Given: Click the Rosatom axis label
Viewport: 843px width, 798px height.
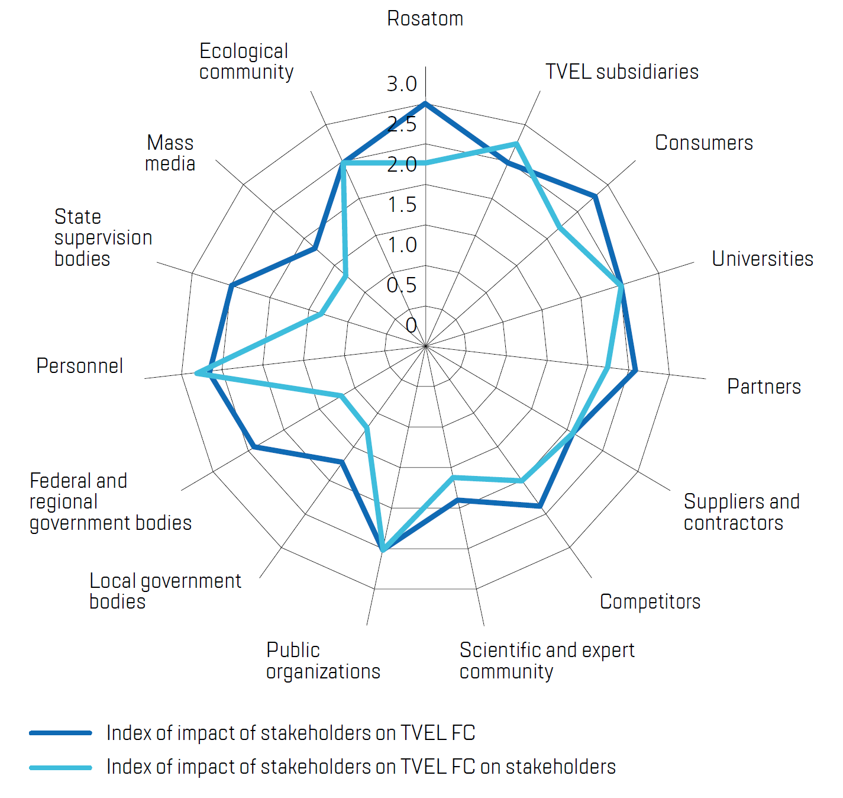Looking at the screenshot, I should coord(425,19).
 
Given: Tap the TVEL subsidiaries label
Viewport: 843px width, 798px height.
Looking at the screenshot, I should coord(622,72).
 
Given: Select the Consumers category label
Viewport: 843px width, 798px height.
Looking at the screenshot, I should coord(703,143).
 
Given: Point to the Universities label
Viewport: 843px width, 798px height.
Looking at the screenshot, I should coord(762,259).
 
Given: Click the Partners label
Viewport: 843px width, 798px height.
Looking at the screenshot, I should coord(764,387).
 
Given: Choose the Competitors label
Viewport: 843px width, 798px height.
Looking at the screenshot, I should coord(650,601).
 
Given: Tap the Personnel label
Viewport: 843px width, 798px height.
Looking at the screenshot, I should coord(80,366).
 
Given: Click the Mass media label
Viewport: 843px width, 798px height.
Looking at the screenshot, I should coord(170,153).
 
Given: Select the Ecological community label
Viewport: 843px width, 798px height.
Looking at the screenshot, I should coord(246,62).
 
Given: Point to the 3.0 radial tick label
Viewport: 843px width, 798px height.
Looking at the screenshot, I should coord(402,84).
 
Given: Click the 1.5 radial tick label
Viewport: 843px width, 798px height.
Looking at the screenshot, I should coord(402,205).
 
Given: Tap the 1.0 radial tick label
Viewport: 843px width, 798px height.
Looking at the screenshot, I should coord(402,245).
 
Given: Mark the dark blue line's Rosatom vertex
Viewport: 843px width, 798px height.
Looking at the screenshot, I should coord(425,104).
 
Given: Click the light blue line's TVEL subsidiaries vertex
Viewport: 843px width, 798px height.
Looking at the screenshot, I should coord(516,143).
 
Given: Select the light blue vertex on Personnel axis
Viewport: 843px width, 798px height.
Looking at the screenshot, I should coord(197,373).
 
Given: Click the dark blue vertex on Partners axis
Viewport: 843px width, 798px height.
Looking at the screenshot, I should coord(635,371).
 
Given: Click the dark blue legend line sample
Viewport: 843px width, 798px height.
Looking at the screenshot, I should coord(61,733).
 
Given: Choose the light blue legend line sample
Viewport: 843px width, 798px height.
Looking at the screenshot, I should coord(61,768).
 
